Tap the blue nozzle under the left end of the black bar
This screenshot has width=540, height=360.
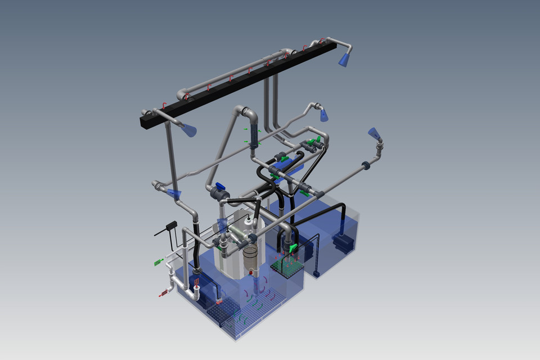pos(191,130)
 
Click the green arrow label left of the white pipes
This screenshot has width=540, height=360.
pos(158,262)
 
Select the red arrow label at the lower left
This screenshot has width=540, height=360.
pos(164,292)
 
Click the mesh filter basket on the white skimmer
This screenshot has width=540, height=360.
pos(250,256)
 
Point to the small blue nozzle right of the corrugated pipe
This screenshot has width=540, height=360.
pos(324,116)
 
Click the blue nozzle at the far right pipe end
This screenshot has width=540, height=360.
pos(374,133)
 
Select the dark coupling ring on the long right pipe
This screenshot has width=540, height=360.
pos(365,165)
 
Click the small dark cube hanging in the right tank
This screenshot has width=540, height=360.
pos(316,274)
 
